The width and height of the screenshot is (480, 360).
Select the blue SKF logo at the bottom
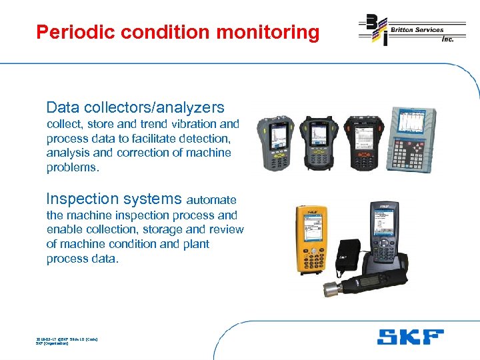[409, 337]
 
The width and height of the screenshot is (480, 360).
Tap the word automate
[211, 200]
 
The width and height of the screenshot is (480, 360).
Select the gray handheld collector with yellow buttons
[279, 143]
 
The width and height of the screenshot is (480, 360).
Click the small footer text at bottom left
[66, 341]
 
